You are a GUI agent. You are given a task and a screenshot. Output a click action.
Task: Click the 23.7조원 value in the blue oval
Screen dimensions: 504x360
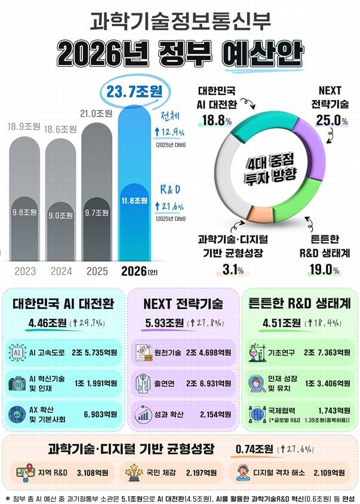pyautogui.click(x=136, y=92)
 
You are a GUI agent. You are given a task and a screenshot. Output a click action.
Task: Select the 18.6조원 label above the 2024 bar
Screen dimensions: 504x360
pyautogui.click(x=61, y=129)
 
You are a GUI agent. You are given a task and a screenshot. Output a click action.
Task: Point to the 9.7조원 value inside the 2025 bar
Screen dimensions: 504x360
pyautogui.click(x=97, y=212)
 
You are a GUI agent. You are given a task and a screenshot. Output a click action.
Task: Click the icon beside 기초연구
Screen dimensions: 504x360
pyautogui.click(x=258, y=353)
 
